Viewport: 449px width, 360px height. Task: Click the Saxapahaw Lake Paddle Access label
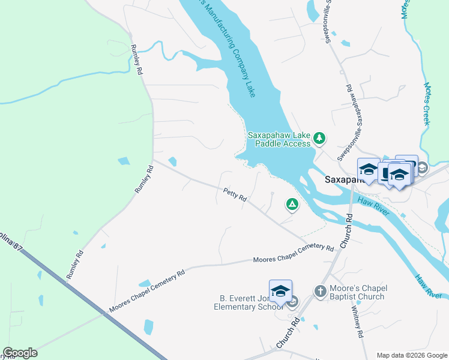279,139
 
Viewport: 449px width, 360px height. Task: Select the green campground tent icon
292,205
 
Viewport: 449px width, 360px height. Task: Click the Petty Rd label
235,194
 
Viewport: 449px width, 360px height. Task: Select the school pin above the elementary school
280,292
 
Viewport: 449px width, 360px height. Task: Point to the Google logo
20,353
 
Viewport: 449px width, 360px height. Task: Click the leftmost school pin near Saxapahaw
368,169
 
